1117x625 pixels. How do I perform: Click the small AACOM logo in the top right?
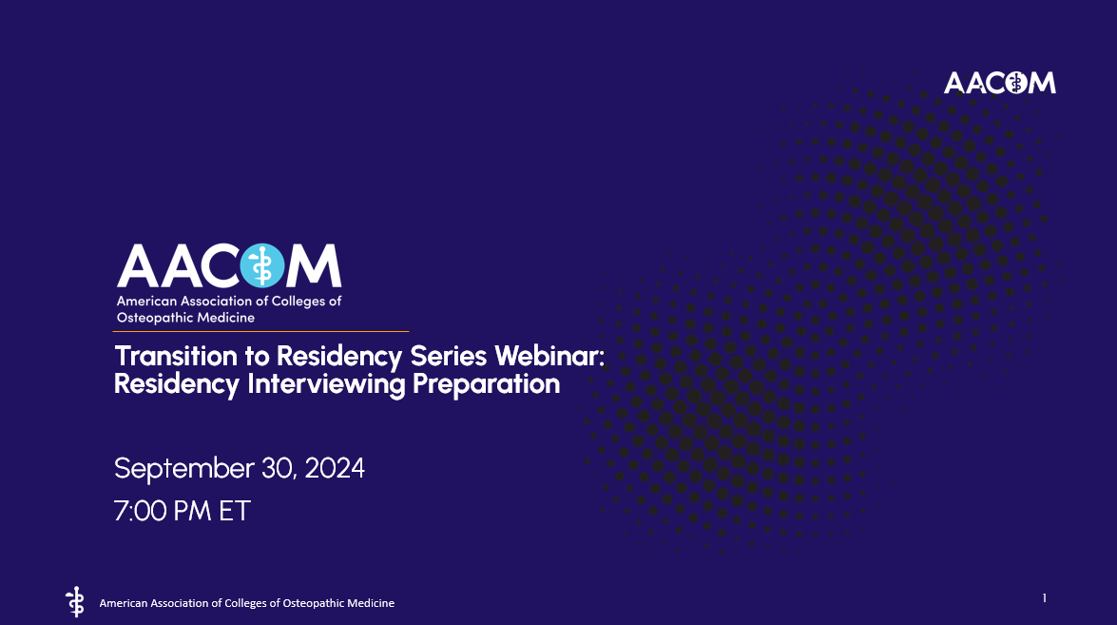coord(999,83)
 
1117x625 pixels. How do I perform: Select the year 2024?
coord(335,469)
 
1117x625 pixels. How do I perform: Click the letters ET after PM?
coord(234,511)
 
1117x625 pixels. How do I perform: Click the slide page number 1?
coord(1045,598)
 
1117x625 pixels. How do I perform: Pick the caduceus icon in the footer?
coord(74,601)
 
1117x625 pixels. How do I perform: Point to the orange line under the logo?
coord(261,331)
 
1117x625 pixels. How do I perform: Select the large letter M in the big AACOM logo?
coord(314,265)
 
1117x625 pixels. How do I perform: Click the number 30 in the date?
coord(277,469)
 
